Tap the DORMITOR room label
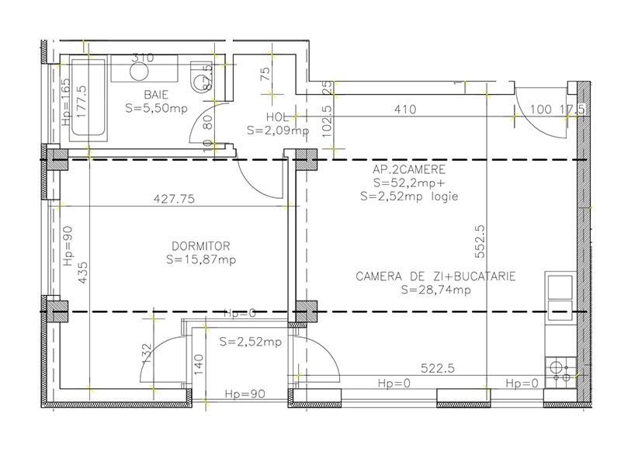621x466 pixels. tap(201, 246)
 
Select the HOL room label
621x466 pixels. tap(277, 117)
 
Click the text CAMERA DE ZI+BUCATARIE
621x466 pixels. tap(436, 276)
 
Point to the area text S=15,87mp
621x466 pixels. tap(201, 259)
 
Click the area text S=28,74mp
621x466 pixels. tap(436, 290)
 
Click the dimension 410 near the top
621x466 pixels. tap(405, 110)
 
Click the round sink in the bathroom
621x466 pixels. tap(140, 72)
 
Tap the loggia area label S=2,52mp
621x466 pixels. tap(250, 341)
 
